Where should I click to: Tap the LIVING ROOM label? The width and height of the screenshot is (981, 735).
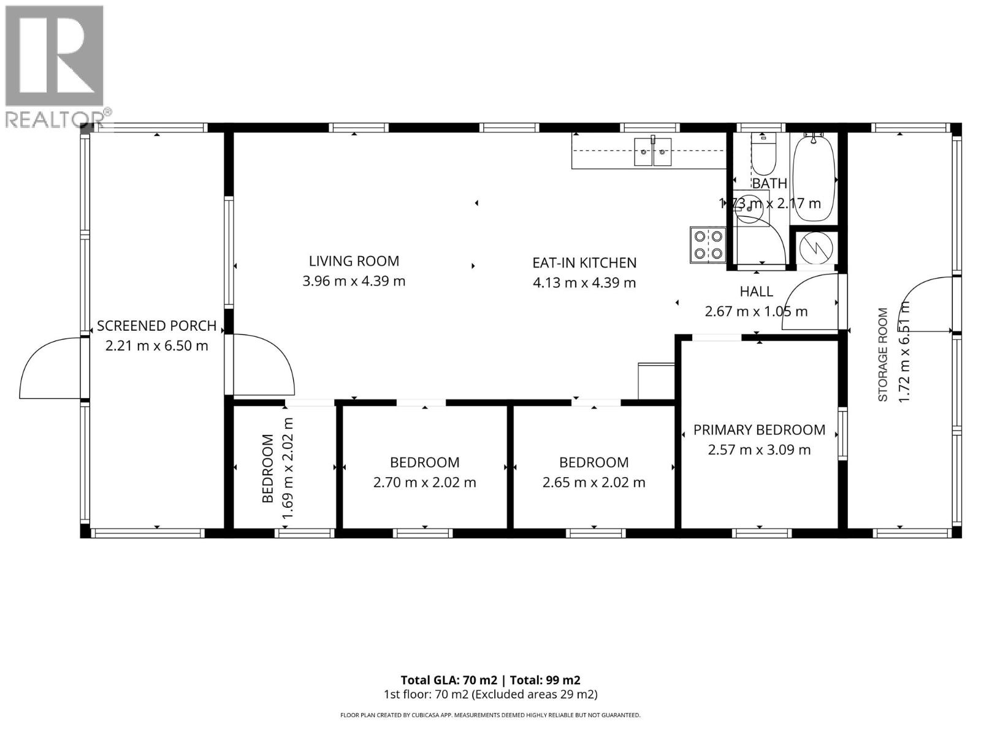354,261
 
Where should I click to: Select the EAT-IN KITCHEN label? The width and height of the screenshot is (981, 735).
584,263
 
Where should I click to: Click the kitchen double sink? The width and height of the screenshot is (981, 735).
652,151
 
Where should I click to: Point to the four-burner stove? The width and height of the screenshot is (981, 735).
708,244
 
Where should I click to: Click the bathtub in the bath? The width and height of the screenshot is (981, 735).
814,178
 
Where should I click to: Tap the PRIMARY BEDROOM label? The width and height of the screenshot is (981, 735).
759,430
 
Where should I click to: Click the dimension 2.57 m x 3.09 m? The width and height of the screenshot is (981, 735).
759,450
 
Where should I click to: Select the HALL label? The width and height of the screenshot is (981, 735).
756,292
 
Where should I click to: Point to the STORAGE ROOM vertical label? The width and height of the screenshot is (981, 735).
883,355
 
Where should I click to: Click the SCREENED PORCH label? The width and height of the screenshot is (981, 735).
156,326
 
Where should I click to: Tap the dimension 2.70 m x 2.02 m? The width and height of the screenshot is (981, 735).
424,483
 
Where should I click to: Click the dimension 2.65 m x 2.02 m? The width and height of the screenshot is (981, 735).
594,483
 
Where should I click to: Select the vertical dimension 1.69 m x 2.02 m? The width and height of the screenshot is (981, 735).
288,469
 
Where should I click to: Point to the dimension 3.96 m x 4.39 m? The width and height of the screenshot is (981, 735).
354,281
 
